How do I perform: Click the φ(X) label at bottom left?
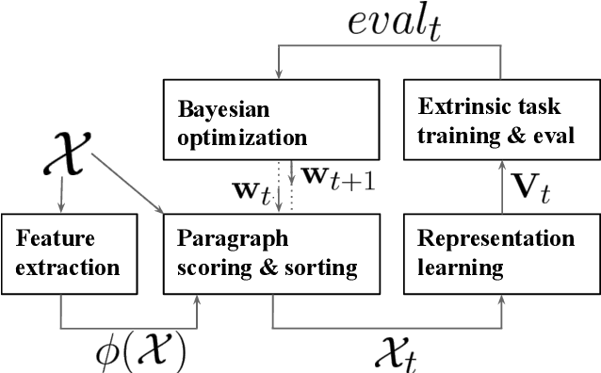[x=140, y=350]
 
